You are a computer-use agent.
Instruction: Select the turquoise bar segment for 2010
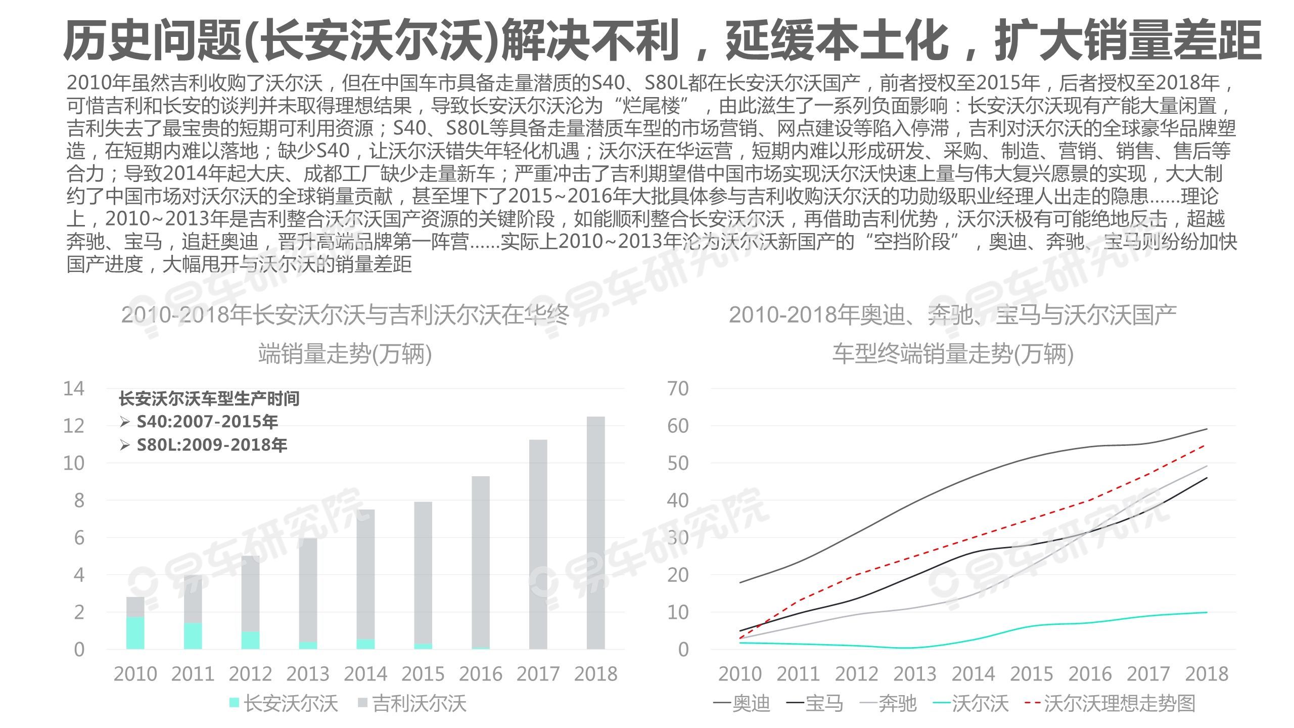[135, 632]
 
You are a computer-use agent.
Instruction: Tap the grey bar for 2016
[480, 561]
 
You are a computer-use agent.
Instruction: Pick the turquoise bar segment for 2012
[250, 640]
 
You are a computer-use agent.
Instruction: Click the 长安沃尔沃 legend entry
[284, 703]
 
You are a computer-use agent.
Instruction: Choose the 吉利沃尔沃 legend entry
[412, 703]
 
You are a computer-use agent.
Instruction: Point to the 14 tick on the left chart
[74, 388]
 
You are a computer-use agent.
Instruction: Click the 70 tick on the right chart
[678, 388]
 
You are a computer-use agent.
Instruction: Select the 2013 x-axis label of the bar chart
[308, 673]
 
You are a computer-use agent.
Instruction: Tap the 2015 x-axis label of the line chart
[1032, 673]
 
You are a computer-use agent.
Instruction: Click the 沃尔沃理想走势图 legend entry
[1110, 703]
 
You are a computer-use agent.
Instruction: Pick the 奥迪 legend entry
[742, 703]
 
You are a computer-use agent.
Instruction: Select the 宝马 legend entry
[815, 703]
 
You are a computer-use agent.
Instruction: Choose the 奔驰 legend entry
[888, 703]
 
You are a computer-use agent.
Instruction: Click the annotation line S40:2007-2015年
[207, 422]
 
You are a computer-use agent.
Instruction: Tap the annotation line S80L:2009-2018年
[212, 445]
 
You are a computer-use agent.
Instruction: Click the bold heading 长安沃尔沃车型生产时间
[209, 399]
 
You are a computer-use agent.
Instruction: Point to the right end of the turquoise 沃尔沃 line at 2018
[1207, 612]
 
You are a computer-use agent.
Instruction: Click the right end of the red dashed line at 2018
[1206, 445]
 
